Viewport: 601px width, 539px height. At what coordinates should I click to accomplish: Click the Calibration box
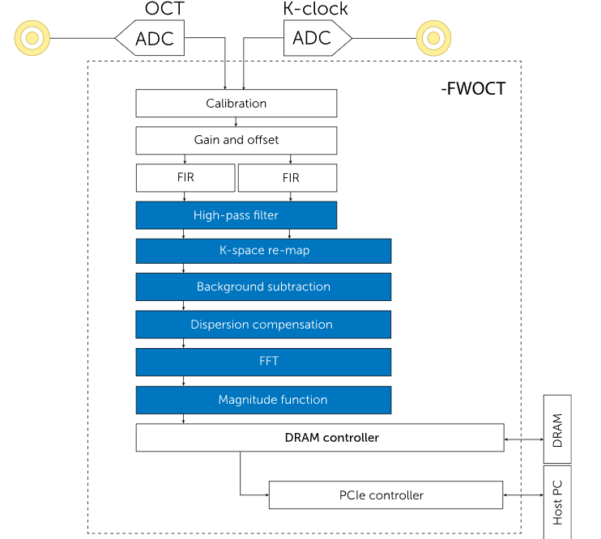[x=236, y=103]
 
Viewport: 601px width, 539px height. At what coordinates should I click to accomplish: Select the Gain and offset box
[x=236, y=140]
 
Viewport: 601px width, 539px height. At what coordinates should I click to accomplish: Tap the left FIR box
[x=185, y=177]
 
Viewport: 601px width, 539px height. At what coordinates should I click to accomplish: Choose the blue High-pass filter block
[x=236, y=215]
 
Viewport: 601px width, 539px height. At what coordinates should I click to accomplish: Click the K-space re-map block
[x=263, y=251]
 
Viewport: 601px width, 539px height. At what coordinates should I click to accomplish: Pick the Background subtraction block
[x=263, y=287]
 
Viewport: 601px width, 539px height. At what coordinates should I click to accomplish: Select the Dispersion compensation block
[x=263, y=325]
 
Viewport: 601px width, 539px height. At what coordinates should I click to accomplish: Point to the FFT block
[x=263, y=362]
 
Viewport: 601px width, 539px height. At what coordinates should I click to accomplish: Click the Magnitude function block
[x=263, y=400]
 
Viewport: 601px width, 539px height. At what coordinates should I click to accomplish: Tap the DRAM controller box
[x=320, y=438]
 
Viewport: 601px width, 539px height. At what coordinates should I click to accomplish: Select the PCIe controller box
[x=386, y=495]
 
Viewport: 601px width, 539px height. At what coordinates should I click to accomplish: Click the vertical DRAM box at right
[x=557, y=429]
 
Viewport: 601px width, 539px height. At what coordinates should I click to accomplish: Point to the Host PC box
[x=557, y=502]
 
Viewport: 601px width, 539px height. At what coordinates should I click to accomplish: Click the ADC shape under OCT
[x=151, y=38]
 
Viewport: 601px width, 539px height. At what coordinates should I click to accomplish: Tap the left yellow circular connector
[x=32, y=37]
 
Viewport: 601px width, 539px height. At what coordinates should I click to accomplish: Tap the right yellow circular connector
[x=433, y=37]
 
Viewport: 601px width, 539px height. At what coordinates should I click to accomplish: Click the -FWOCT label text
[x=473, y=89]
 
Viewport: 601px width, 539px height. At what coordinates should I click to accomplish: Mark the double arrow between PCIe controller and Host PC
[x=523, y=495]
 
